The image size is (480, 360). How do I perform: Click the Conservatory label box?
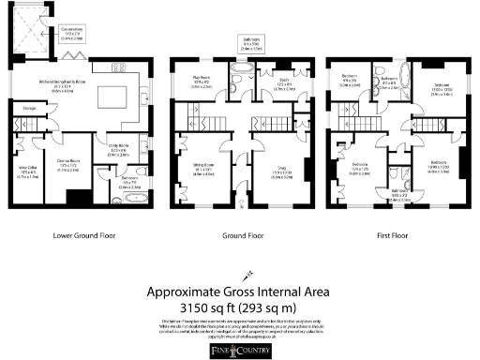coord(73,36)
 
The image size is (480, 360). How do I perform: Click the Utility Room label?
coord(117,151)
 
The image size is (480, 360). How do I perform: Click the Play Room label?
coord(201,84)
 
